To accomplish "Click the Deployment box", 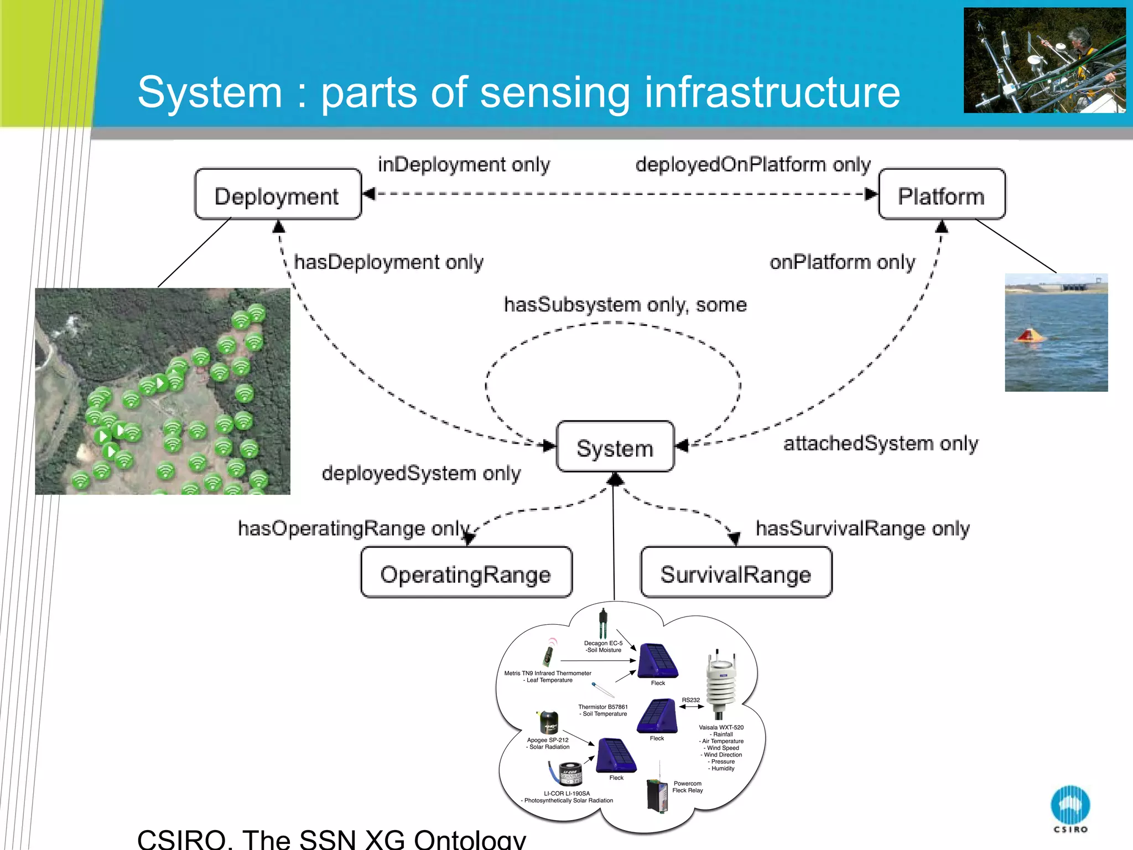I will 277,195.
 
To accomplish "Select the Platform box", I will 941,195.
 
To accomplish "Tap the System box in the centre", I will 615,447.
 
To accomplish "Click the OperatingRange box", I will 466,573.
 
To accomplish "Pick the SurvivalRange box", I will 735,573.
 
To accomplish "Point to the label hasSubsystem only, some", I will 625,305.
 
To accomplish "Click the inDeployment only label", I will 464,164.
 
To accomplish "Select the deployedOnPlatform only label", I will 752,164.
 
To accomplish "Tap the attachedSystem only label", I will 880,443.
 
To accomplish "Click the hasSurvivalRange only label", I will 862,528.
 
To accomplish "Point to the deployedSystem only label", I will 421,474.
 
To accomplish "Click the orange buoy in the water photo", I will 1028,336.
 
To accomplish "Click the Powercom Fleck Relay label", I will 687,787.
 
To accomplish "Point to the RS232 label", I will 690,700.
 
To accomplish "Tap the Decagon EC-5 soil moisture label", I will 603,646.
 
